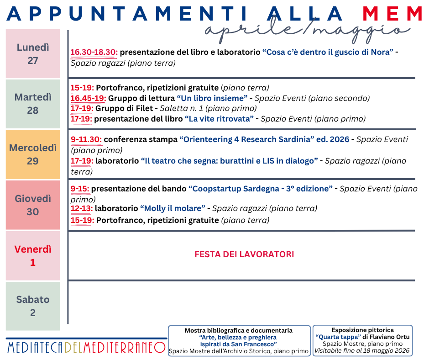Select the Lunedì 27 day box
click(x=33, y=54)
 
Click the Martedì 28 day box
click(x=33, y=104)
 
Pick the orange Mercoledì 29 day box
click(x=33, y=154)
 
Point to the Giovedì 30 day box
click(x=33, y=205)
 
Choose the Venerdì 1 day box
click(x=33, y=256)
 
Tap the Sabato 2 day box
click(x=33, y=306)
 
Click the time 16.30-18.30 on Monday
click(x=94, y=52)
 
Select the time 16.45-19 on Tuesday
click(x=88, y=98)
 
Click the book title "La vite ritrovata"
click(x=219, y=119)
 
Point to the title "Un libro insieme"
click(x=212, y=98)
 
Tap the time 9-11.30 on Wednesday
click(x=86, y=139)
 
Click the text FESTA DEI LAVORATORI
click(x=244, y=254)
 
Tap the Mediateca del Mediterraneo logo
click(x=86, y=347)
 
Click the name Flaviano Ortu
click(x=391, y=337)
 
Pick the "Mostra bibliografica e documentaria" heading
click(x=239, y=330)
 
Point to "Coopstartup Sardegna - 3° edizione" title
click(x=261, y=188)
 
